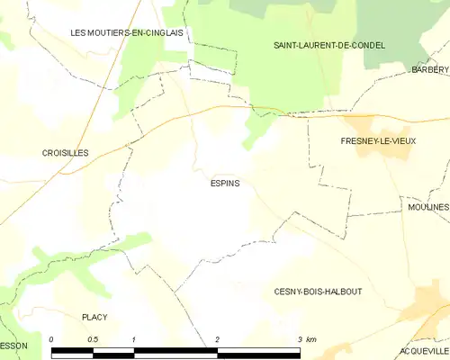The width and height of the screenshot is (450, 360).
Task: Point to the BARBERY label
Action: (x=429, y=69)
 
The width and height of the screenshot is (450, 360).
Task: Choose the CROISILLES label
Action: (x=65, y=154)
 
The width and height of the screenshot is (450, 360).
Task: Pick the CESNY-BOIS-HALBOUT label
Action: (x=318, y=292)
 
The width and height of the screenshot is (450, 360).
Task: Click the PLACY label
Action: (x=94, y=317)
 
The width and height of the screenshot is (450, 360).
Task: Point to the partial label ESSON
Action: (x=13, y=346)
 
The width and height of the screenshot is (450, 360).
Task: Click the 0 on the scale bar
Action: (x=52, y=339)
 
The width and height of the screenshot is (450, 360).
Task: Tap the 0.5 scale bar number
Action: (x=93, y=339)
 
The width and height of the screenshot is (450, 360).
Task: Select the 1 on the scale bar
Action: (x=133, y=339)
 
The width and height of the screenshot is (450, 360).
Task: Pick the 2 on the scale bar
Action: (x=217, y=339)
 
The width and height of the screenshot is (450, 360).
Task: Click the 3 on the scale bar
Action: (x=299, y=339)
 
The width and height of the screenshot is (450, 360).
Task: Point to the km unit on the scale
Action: (x=311, y=339)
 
